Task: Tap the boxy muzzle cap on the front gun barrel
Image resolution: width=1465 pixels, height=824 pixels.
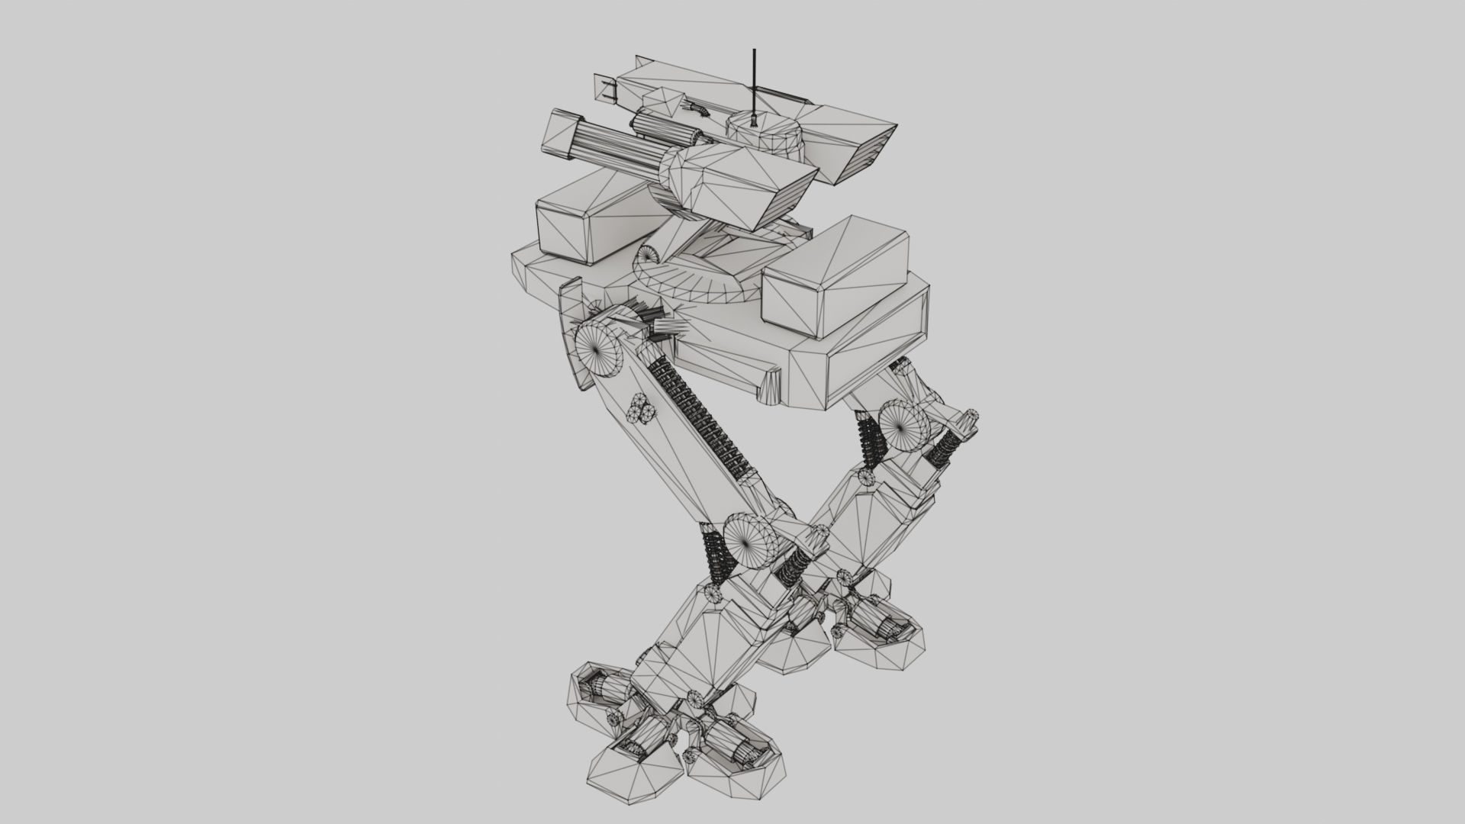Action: coord(560,137)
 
